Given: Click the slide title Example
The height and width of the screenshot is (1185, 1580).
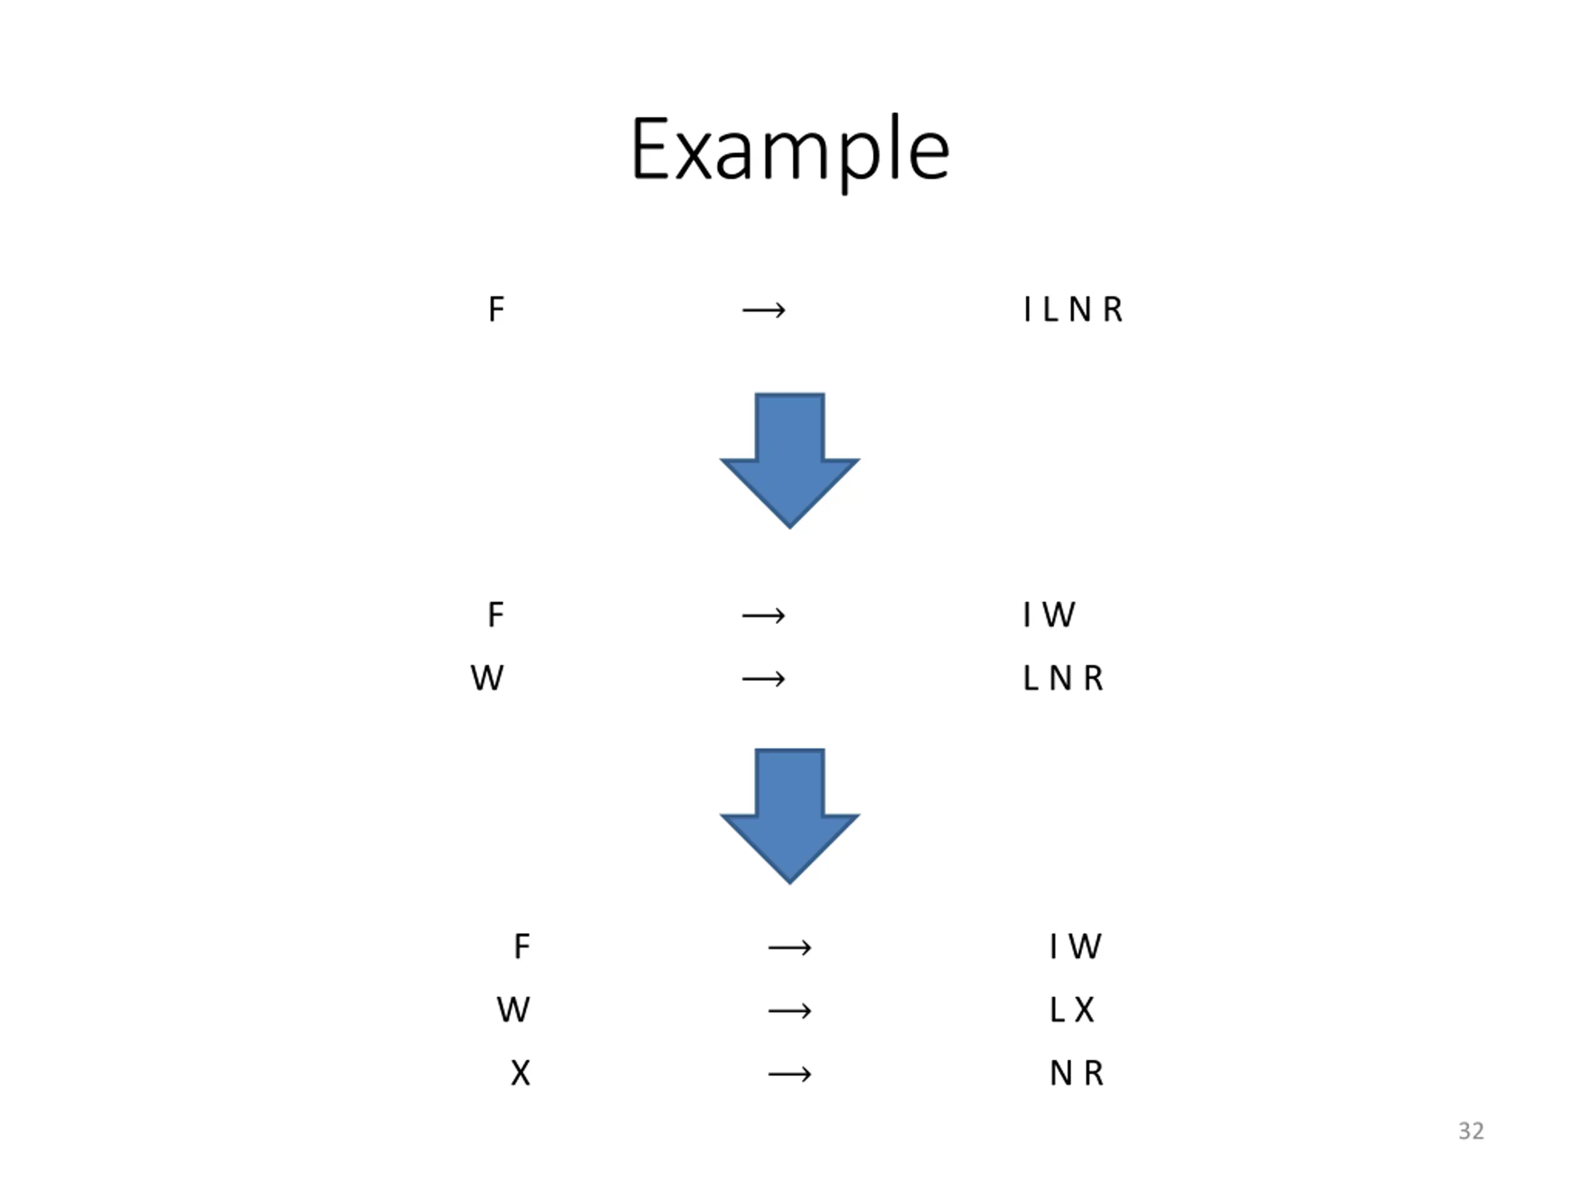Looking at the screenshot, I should (x=789, y=150).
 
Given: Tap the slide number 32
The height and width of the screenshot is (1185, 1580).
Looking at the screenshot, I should (x=1471, y=1131).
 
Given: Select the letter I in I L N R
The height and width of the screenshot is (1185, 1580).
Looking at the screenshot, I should (x=1027, y=309).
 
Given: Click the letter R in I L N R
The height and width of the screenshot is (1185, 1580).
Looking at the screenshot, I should (x=1112, y=309).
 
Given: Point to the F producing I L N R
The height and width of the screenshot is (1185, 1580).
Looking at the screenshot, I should (x=496, y=309).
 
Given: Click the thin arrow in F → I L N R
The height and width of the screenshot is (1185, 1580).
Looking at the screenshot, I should (x=763, y=310).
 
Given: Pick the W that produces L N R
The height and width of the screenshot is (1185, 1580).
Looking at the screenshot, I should (x=487, y=678).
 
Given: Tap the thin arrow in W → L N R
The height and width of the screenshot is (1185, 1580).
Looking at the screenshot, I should (x=763, y=678).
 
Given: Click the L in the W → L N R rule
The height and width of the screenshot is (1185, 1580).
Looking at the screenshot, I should (x=1030, y=678).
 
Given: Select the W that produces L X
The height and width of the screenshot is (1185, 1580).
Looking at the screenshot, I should (x=513, y=1009).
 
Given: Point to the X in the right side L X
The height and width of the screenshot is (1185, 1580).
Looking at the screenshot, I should (x=1084, y=1009).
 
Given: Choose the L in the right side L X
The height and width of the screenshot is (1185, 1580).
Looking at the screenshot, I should (x=1057, y=1009).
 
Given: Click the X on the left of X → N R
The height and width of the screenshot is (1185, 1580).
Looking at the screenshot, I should (x=520, y=1073).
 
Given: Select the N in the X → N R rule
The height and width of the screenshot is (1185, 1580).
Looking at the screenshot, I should (x=1061, y=1073).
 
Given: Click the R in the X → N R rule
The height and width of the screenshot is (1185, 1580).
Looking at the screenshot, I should (x=1094, y=1073).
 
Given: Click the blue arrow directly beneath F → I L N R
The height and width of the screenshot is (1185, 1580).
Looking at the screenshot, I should (x=789, y=460).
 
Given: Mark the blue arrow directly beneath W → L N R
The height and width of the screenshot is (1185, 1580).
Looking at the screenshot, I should (x=789, y=816).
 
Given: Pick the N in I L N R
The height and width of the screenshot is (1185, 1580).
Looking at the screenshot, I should (x=1079, y=309).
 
